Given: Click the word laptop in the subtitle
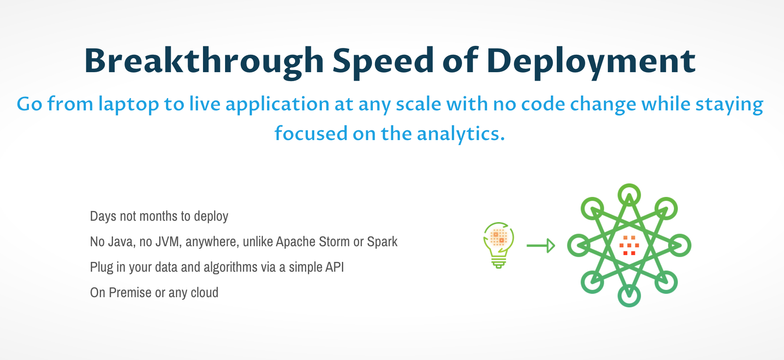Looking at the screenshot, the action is point(129,104).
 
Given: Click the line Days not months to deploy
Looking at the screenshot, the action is point(159,217).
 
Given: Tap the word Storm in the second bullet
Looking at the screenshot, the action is point(334,242).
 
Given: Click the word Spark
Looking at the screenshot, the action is point(382,242).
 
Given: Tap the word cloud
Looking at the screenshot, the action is point(205,292).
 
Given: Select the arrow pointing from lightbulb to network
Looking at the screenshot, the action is point(541,245).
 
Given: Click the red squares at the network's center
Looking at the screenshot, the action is point(629,245).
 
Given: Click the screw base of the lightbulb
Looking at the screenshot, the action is point(499,263).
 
